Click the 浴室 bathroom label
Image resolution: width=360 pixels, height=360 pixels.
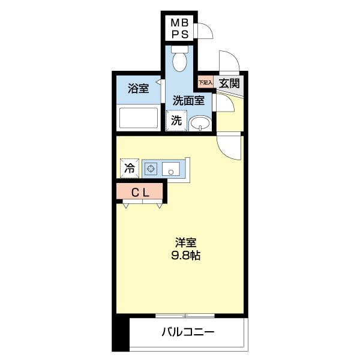point(138,89)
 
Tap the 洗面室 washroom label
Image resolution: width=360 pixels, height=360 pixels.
point(188,101)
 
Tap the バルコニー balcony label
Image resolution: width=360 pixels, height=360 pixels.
point(188,332)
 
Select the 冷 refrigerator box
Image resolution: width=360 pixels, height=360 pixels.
point(129,169)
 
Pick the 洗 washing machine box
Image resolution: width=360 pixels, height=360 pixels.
point(176,120)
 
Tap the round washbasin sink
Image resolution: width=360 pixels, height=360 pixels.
point(200,124)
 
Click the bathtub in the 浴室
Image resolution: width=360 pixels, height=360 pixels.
point(138,117)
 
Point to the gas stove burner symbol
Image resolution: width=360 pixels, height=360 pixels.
point(150,169)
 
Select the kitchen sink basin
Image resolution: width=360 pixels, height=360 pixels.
point(172,169)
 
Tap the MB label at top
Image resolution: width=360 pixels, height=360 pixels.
point(179,22)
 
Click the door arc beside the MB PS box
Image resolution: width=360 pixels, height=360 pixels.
point(205,31)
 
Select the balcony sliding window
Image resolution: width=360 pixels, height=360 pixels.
point(185,315)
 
